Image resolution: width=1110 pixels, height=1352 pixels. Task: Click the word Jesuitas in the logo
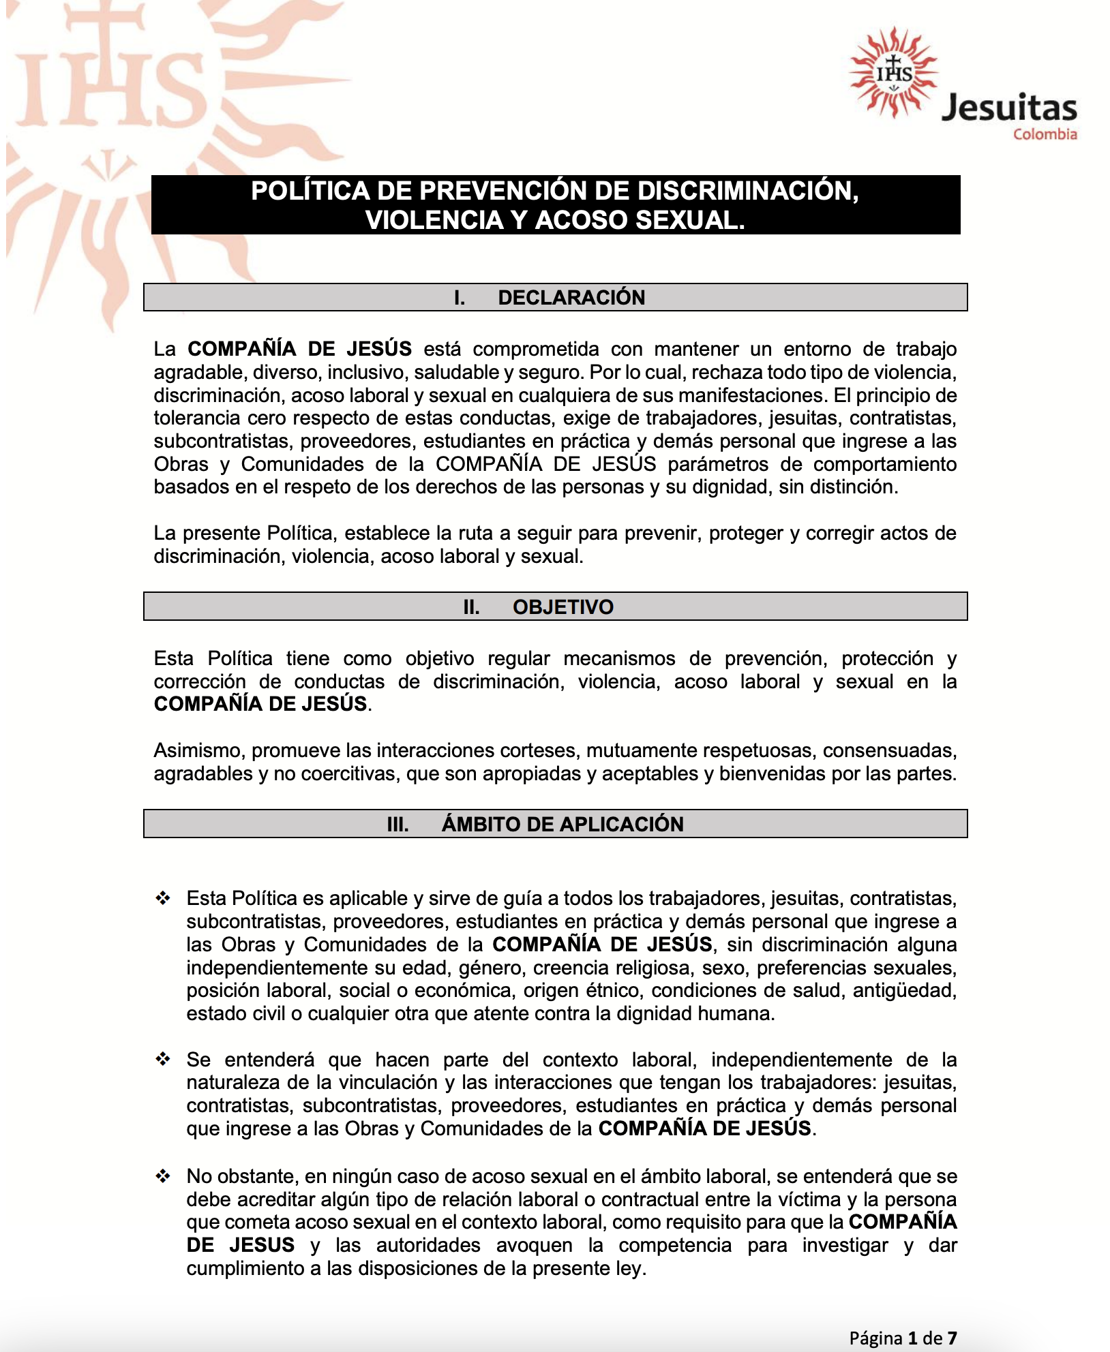pyautogui.click(x=1008, y=108)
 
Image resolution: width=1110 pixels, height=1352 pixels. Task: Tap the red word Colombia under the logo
pyautogui.click(x=1045, y=134)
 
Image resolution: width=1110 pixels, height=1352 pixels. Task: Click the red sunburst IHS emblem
pyautogui.click(x=894, y=72)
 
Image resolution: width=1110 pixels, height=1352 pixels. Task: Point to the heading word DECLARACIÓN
pyautogui.click(x=571, y=298)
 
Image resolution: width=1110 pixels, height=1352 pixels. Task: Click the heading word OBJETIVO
pyautogui.click(x=563, y=606)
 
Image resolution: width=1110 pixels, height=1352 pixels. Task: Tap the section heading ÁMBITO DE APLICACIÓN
pyautogui.click(x=562, y=824)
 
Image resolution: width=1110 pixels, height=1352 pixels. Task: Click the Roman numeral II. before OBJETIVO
pyautogui.click(x=471, y=606)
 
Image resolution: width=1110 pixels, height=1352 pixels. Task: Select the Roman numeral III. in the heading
pyautogui.click(x=397, y=824)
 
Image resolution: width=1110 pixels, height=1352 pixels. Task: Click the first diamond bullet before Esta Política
pyautogui.click(x=163, y=898)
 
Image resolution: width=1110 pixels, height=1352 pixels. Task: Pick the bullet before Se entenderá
pyautogui.click(x=163, y=1059)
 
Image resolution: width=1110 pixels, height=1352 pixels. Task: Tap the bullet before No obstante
pyautogui.click(x=163, y=1176)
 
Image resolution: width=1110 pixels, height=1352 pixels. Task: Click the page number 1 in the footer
pyautogui.click(x=913, y=1338)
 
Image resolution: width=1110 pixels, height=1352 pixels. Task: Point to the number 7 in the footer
pyautogui.click(x=952, y=1338)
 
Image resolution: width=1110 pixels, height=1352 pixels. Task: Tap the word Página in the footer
pyautogui.click(x=876, y=1338)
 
